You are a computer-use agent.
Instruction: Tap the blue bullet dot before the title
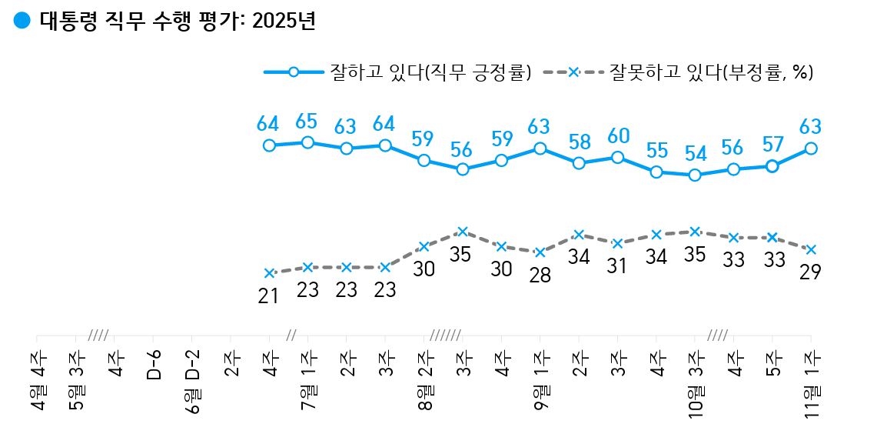(22, 21)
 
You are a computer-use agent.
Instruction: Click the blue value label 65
(307, 122)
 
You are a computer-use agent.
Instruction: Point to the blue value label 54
(695, 152)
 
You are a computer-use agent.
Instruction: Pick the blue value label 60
(617, 136)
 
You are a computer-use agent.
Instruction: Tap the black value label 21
(267, 295)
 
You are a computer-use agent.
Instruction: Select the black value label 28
(540, 275)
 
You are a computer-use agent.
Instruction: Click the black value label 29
(810, 272)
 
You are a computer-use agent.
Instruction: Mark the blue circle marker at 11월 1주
(811, 149)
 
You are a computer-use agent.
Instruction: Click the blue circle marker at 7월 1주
(307, 142)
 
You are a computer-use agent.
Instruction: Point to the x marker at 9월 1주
(540, 252)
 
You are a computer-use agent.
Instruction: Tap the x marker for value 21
(269, 273)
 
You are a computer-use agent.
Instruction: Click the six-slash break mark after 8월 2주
(445, 336)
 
